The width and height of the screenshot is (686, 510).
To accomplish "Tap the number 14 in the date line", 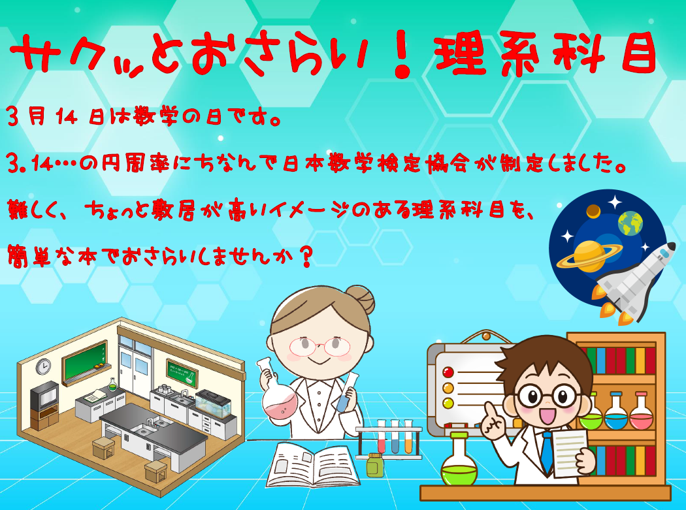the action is (67, 118).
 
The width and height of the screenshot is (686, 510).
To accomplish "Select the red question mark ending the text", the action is (306, 255).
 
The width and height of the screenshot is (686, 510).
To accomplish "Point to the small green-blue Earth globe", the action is (630, 223).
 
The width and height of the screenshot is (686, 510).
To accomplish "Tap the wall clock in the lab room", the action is (43, 366).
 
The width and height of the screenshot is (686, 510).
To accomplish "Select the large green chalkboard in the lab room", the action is (85, 362).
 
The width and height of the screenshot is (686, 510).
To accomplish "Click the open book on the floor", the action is (313, 465).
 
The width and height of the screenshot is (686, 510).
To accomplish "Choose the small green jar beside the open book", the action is (375, 465).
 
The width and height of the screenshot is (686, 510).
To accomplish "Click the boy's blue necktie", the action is (546, 452).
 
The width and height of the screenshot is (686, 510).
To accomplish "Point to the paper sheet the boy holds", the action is (569, 453).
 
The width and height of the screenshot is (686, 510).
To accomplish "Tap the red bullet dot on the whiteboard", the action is (448, 372).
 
